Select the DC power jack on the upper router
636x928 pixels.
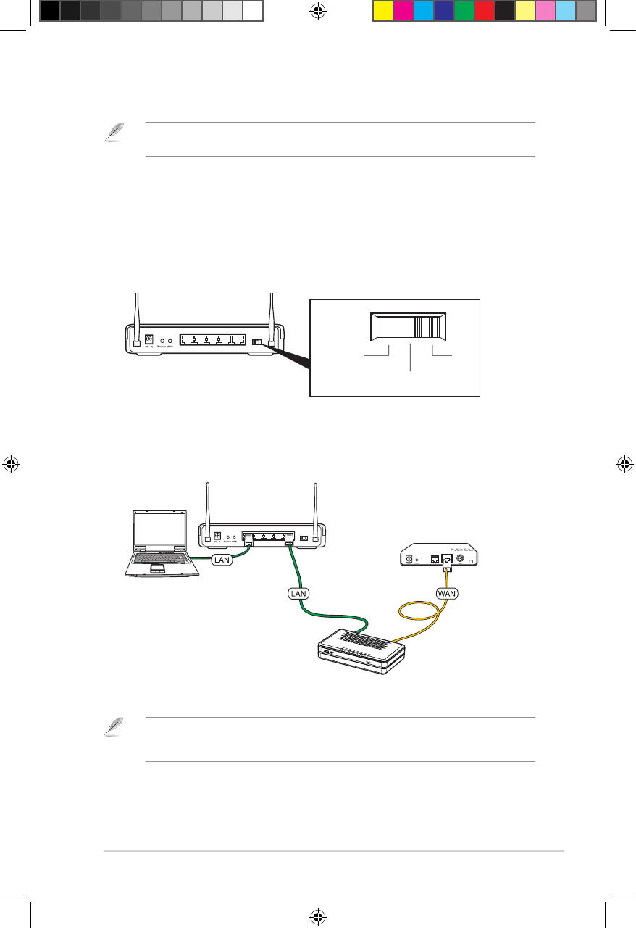click(150, 339)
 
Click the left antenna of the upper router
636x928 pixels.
click(135, 319)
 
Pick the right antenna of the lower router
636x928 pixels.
click(316, 511)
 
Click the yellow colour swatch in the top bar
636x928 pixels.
click(382, 11)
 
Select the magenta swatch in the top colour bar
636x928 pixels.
click(403, 11)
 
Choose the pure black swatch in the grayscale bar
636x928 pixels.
click(49, 11)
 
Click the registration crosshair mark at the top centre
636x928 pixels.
click(317, 10)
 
